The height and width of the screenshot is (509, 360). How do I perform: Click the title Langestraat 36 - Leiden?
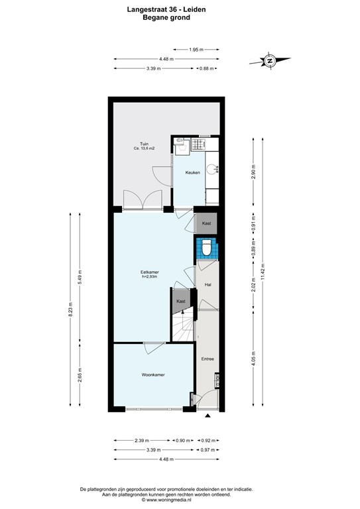click(x=166, y=9)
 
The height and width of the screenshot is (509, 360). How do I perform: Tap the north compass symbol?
click(x=270, y=62)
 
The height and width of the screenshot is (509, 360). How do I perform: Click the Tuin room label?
click(x=144, y=143)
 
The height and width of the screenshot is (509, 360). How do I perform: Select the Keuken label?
click(x=192, y=173)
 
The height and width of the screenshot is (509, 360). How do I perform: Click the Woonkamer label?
click(x=152, y=375)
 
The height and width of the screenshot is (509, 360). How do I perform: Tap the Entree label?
click(x=208, y=359)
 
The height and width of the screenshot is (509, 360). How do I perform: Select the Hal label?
click(x=208, y=284)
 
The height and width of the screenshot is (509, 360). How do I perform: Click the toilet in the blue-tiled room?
click(x=206, y=249)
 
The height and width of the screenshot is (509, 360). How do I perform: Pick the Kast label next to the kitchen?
click(x=206, y=224)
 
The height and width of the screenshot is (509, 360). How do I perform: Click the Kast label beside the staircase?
click(x=180, y=302)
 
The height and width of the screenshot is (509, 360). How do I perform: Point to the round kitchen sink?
click(x=211, y=168)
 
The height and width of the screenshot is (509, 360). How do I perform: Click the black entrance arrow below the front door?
click(x=208, y=416)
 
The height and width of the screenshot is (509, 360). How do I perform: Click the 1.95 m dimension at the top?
click(x=195, y=49)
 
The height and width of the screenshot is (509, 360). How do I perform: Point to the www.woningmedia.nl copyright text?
click(x=166, y=500)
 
